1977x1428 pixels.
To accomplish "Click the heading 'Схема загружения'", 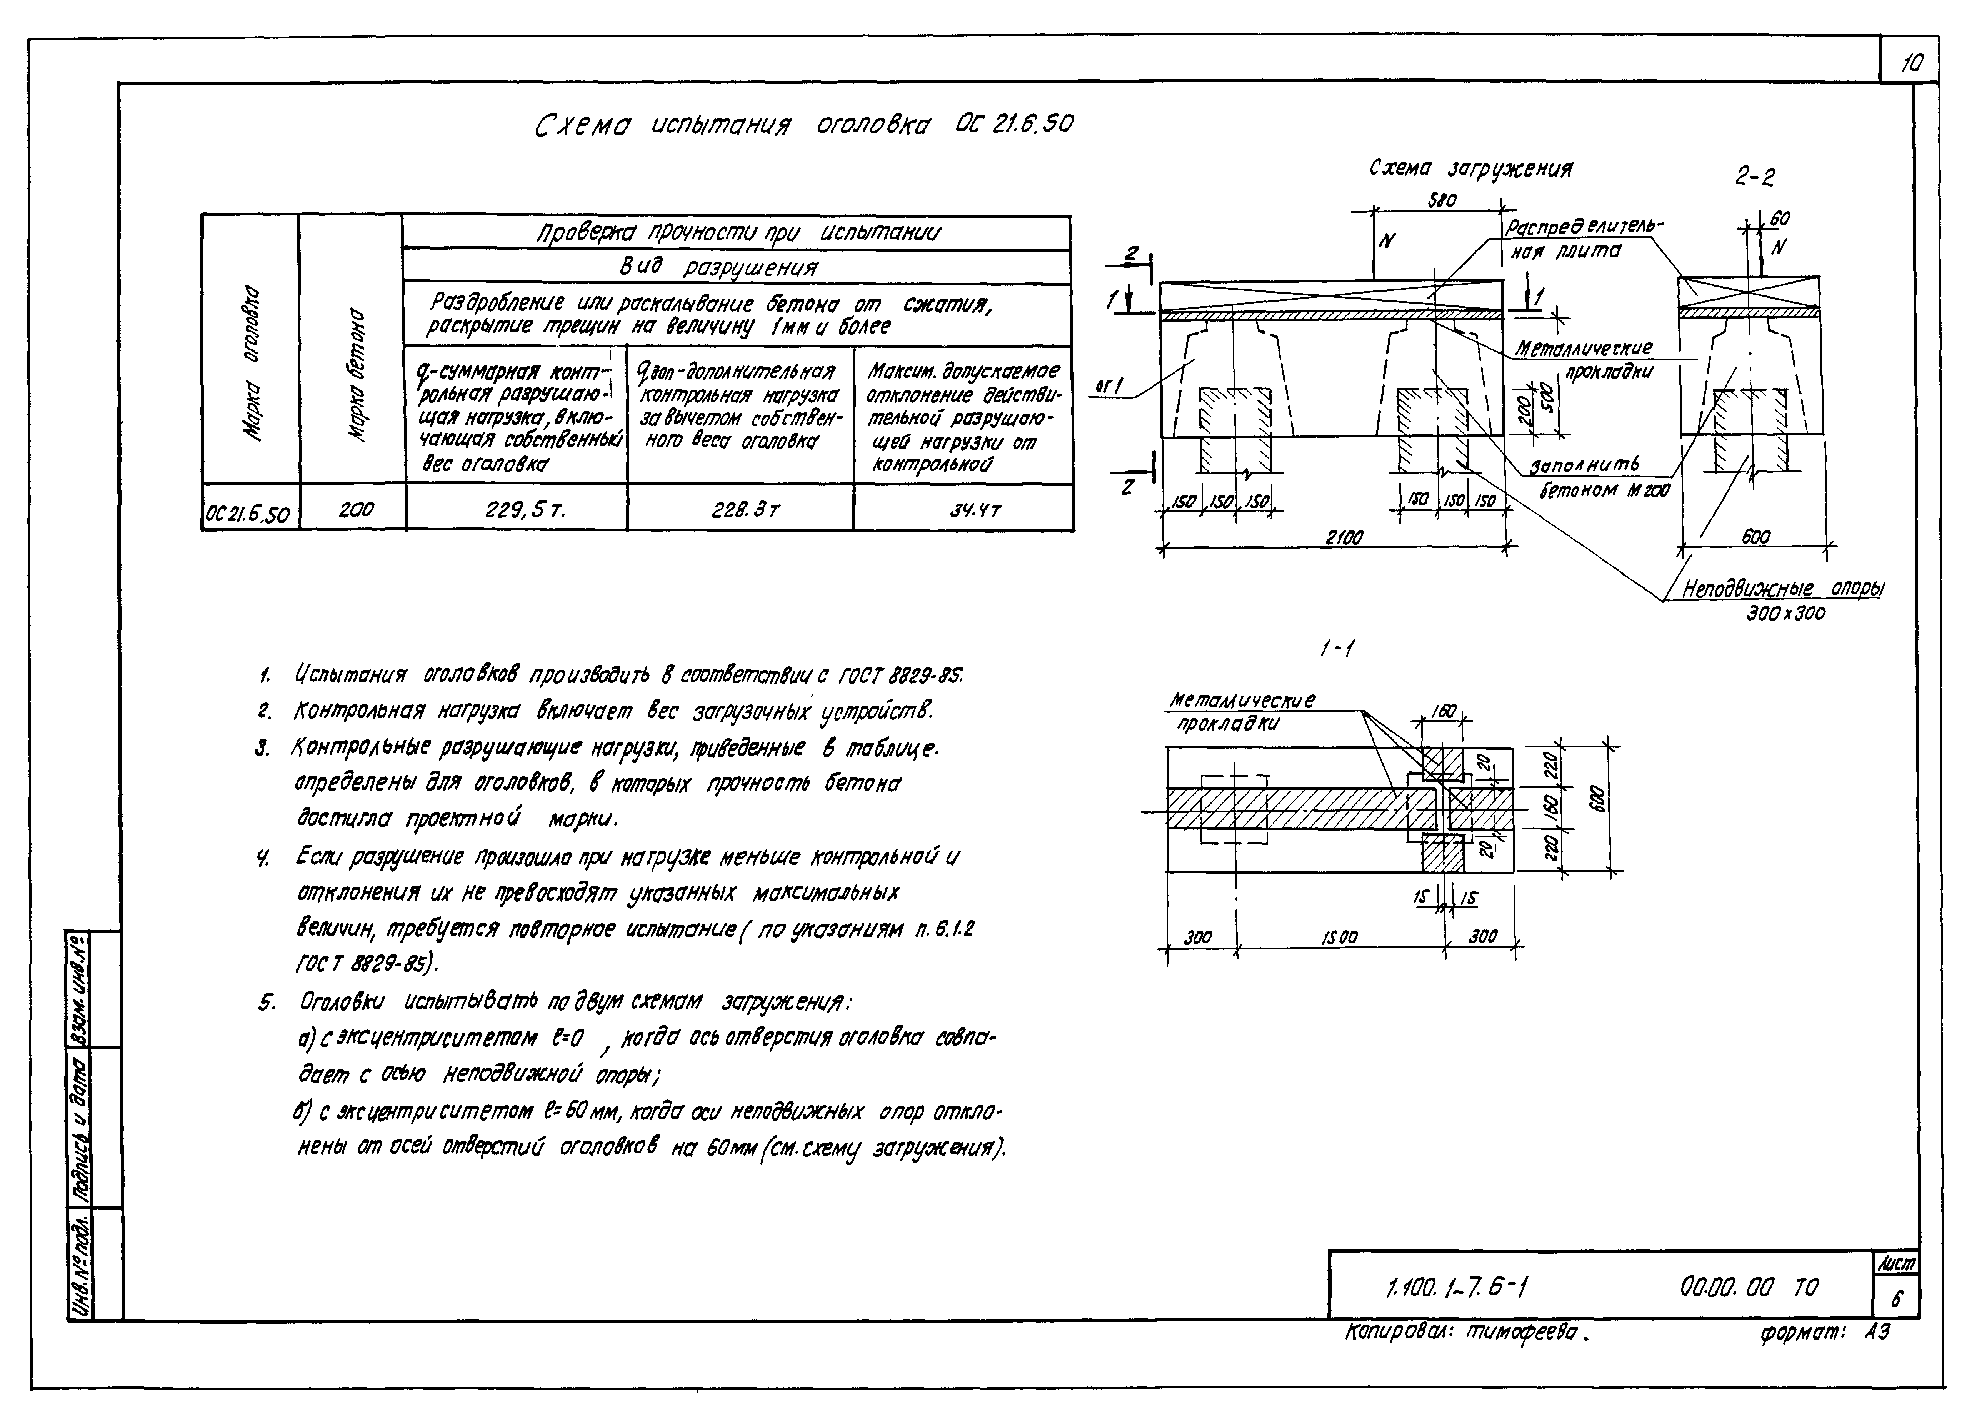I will (x=1470, y=168).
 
